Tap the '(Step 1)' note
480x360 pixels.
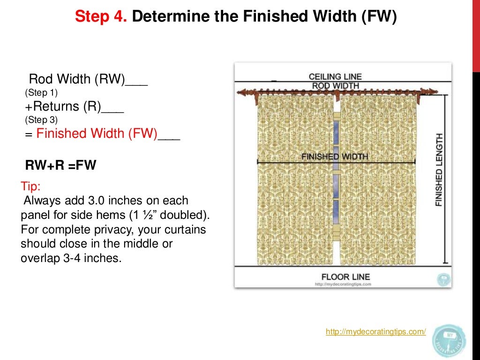coord(41,93)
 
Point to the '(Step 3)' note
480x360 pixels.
coord(41,120)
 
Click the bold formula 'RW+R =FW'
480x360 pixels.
coord(60,165)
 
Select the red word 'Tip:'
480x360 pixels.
coord(31,187)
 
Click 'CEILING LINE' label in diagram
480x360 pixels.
coord(335,76)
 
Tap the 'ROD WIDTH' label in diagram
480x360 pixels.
coord(335,86)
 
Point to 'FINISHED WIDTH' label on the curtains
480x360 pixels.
coord(335,157)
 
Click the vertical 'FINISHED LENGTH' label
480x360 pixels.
coord(439,170)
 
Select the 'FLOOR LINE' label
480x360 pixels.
coord(345,276)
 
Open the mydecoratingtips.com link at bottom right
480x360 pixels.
coord(375,332)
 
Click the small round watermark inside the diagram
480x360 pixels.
coord(443,280)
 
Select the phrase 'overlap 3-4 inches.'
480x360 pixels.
coord(71,258)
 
